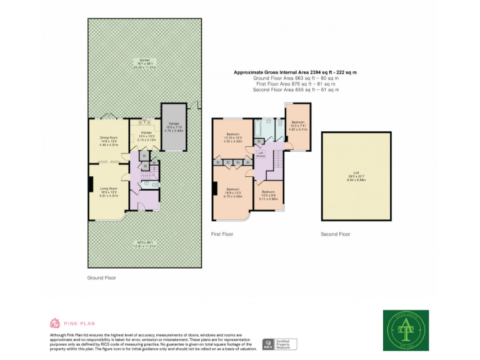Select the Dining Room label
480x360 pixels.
pyautogui.click(x=109, y=140)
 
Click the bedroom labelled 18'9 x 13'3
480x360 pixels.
pyautogui.click(x=233, y=192)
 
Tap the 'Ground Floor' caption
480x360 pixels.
pyautogui.click(x=102, y=277)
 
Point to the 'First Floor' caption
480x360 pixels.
pyautogui.click(x=222, y=234)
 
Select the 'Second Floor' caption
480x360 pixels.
pyautogui.click(x=336, y=234)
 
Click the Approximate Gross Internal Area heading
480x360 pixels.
pyautogui.click(x=295, y=72)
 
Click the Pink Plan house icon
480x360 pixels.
pyautogui.click(x=54, y=323)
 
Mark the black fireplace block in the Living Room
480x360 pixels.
pyautogui.click(x=91, y=189)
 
